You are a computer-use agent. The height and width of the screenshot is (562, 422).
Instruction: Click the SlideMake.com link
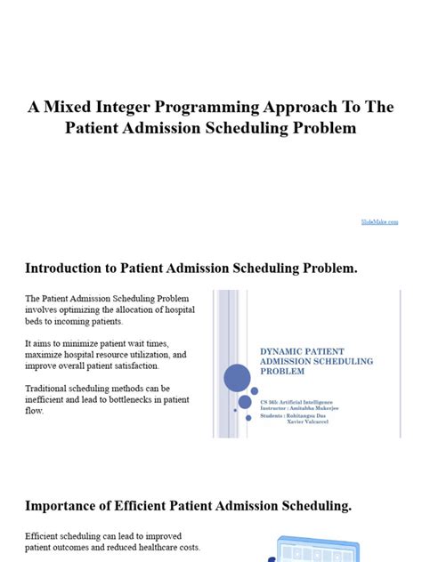click(x=380, y=221)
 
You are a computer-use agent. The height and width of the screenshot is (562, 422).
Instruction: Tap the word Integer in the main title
click(x=126, y=107)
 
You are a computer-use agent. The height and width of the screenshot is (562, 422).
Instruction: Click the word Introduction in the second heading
click(x=67, y=268)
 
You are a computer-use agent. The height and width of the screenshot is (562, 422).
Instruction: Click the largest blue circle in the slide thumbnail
click(x=237, y=380)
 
